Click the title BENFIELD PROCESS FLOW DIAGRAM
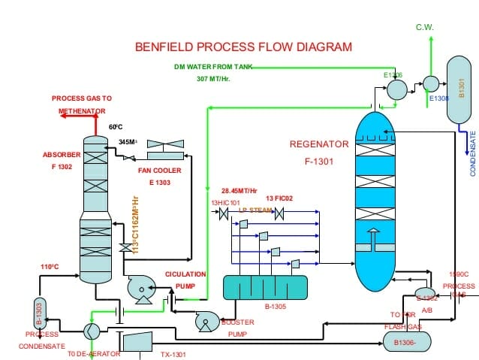[x=243, y=47]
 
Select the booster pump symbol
[x=204, y=322]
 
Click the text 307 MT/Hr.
[x=213, y=78]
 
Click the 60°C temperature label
[x=115, y=127]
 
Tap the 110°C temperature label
[x=50, y=266]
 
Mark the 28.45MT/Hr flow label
[x=239, y=190]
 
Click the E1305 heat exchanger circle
[x=396, y=89]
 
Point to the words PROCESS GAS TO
[x=81, y=98]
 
